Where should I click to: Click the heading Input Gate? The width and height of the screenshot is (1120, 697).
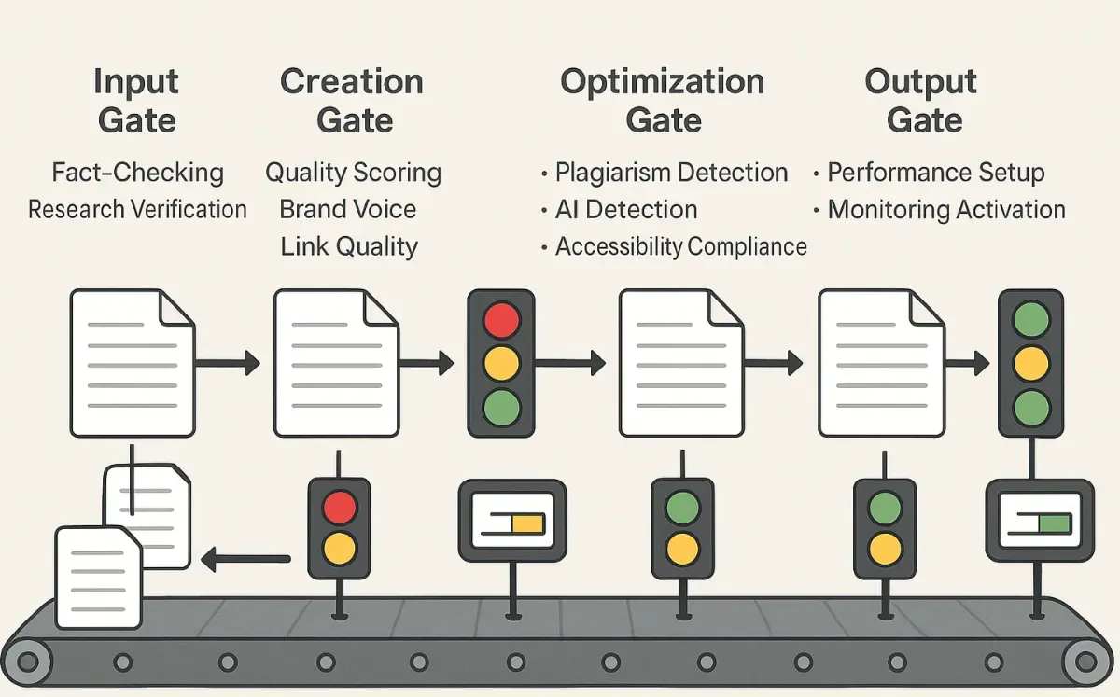[x=135, y=101]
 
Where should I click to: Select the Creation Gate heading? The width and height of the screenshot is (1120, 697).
[x=352, y=101]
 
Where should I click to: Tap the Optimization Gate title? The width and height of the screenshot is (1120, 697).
[x=662, y=101]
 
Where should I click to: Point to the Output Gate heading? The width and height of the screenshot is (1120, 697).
[x=921, y=101]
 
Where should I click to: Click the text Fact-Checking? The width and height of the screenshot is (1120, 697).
[x=138, y=173]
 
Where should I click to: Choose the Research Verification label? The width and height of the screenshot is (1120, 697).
[x=138, y=209]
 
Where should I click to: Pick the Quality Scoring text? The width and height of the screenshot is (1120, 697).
[x=353, y=173]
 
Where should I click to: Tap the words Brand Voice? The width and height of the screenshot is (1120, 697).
[x=348, y=209]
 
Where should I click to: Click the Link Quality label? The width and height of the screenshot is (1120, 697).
[x=349, y=246]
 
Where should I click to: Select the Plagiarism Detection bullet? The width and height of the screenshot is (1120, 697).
[x=671, y=173]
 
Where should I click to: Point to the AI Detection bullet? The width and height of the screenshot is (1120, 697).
[x=625, y=209]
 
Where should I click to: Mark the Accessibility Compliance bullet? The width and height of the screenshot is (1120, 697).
[x=680, y=246]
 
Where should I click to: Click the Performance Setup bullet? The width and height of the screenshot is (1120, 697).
[x=935, y=173]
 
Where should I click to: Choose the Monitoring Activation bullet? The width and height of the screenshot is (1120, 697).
[x=945, y=209]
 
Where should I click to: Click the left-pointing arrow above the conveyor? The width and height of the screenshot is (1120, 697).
[x=245, y=560]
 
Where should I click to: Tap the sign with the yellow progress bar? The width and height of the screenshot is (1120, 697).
[x=511, y=522]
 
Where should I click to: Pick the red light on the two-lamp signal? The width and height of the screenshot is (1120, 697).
[x=339, y=508]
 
